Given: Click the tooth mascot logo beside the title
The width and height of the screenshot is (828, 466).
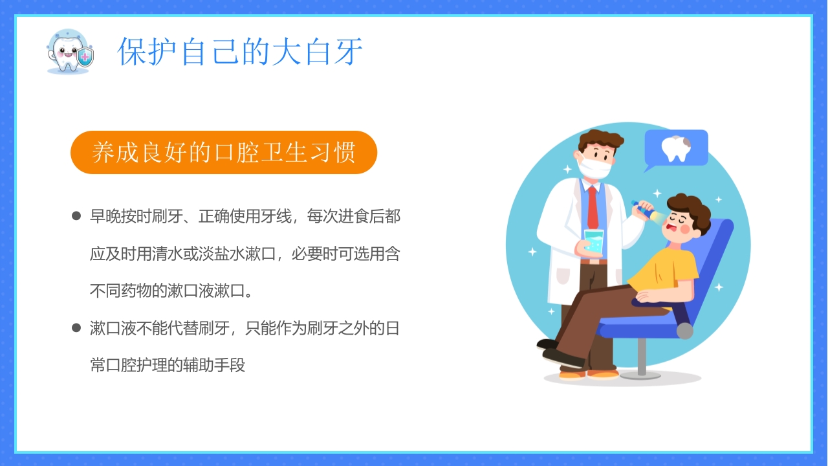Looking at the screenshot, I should (69, 51).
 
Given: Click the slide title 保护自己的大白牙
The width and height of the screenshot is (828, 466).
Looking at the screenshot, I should (240, 52).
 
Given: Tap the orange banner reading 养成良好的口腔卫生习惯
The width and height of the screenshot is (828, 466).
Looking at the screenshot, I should (223, 153).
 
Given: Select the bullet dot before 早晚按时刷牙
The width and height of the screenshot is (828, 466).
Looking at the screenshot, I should (76, 216).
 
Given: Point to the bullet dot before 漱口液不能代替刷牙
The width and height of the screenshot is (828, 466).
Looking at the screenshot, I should (76, 328).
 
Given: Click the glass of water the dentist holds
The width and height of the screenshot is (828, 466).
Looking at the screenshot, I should (593, 241).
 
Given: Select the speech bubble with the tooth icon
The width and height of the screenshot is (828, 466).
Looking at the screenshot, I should (676, 148).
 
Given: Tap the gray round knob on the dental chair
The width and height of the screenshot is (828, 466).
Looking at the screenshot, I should (684, 331).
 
